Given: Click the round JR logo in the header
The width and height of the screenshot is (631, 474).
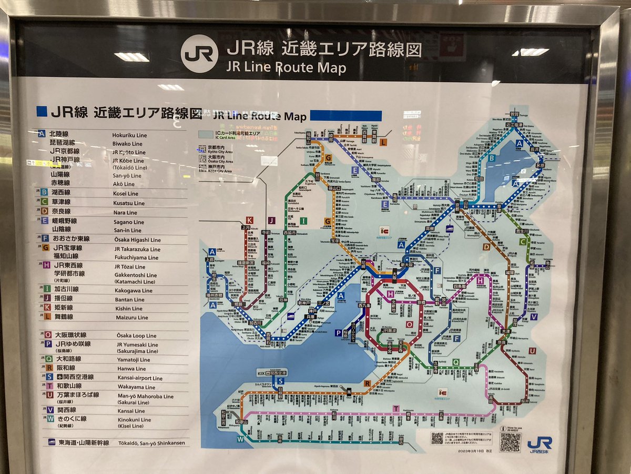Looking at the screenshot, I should click(x=199, y=54).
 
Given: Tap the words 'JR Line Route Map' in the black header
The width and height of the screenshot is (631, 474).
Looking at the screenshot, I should click(x=286, y=67).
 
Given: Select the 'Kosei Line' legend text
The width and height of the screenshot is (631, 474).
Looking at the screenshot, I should click(x=125, y=193).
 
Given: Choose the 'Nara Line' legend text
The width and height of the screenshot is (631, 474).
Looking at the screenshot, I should click(x=125, y=213).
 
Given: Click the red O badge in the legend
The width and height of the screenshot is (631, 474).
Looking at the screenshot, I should click(x=48, y=335).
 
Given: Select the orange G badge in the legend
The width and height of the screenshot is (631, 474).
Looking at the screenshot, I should click(x=46, y=248).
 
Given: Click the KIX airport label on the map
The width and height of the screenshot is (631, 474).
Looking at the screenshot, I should click(x=261, y=372).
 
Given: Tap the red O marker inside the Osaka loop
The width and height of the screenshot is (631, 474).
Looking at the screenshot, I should click(x=409, y=324).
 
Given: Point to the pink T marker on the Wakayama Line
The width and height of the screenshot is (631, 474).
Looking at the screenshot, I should click(x=395, y=409).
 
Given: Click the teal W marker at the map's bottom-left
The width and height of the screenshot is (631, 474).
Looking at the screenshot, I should click(x=241, y=439).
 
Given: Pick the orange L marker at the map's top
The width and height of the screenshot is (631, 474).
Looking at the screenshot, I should click(x=383, y=142).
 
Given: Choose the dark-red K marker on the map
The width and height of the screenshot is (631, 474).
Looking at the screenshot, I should click(x=249, y=220).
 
